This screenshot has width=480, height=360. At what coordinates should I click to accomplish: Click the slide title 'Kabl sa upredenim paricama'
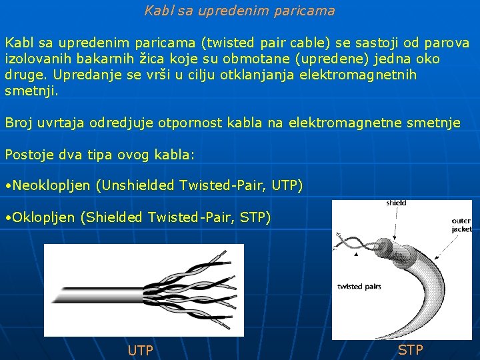239,11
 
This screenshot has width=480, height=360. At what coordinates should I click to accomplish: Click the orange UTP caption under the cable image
140,351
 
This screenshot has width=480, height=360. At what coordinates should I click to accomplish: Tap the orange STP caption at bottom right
410,350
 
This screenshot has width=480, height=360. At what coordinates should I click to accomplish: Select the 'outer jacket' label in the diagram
461,225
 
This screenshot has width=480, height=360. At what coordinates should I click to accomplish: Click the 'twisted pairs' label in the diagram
359,286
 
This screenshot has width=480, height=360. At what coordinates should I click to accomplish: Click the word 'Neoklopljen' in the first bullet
53,185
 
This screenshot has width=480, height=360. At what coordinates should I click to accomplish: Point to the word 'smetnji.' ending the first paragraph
32,91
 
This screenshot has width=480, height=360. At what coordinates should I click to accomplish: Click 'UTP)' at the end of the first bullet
287,185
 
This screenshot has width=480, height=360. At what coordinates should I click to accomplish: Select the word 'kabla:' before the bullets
174,155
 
